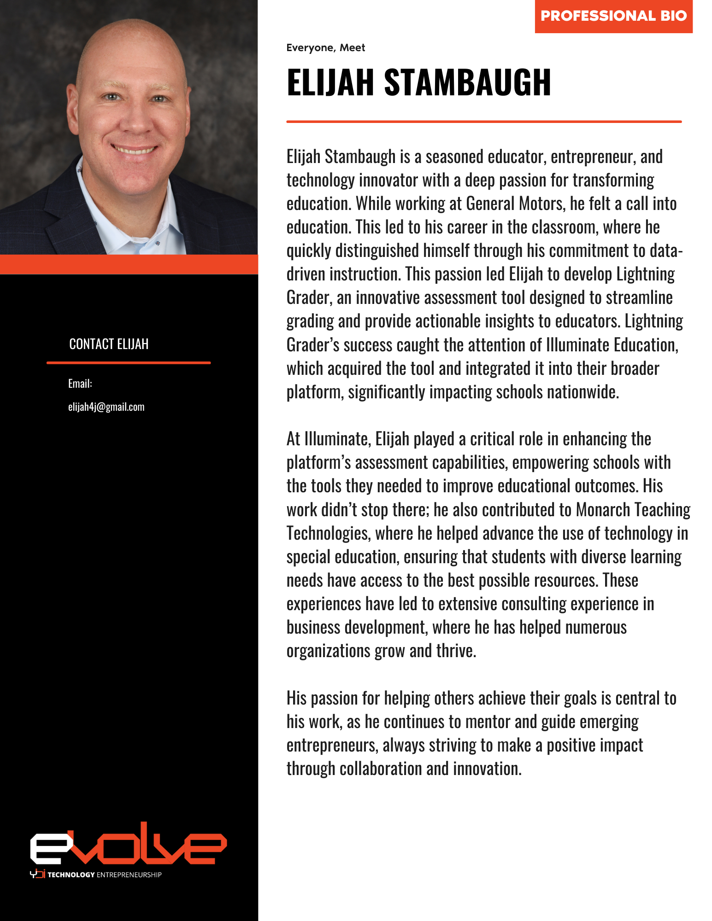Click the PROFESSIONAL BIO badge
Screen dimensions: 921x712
pyautogui.click(x=613, y=16)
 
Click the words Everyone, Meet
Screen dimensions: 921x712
pyautogui.click(x=325, y=48)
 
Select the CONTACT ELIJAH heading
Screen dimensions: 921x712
pyautogui.click(x=109, y=344)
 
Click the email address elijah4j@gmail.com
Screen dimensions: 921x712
pyautogui.click(x=106, y=407)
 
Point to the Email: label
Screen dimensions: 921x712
pyautogui.click(x=80, y=384)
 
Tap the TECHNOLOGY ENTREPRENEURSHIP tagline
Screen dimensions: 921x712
pyautogui.click(x=104, y=874)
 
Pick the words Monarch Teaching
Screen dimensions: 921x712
pyautogui.click(x=633, y=510)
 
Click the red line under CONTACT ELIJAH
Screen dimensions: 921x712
pyautogui.click(x=129, y=363)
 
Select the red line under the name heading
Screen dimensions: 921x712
pyautogui.click(x=483, y=122)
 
